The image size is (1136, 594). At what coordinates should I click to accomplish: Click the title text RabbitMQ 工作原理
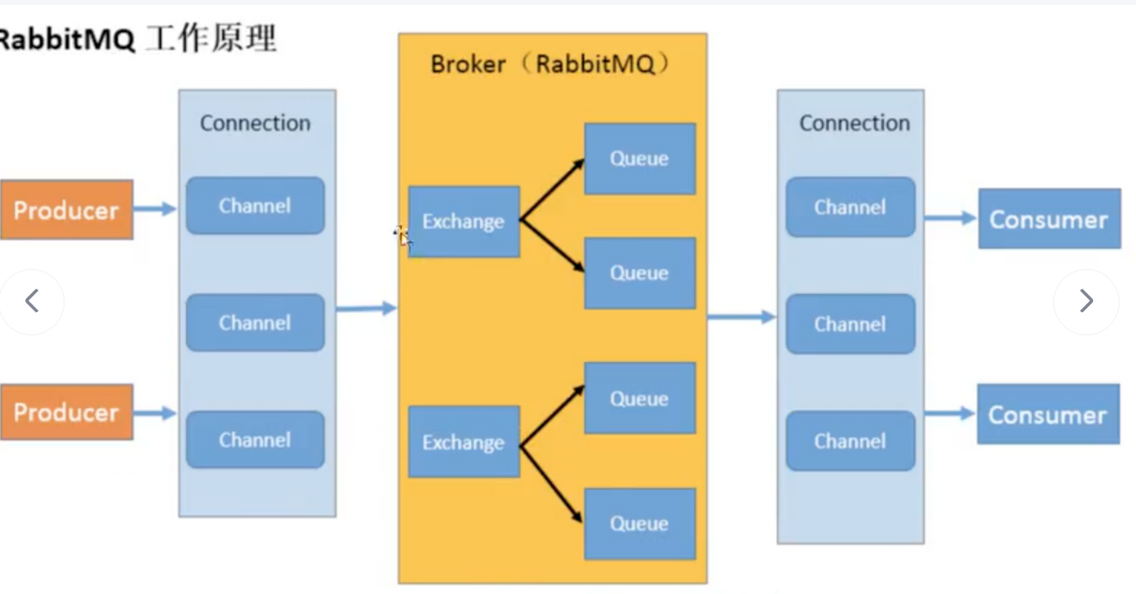[x=138, y=40]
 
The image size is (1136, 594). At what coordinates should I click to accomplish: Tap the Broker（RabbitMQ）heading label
[x=550, y=65]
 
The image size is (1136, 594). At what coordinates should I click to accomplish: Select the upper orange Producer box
[x=66, y=209]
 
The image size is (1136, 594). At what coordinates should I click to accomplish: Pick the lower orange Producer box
[x=66, y=412]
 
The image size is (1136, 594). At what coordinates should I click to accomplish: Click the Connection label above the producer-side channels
[x=255, y=123]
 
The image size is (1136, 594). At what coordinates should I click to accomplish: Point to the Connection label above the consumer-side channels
[x=854, y=123]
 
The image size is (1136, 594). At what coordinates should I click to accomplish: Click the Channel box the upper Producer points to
[x=255, y=206]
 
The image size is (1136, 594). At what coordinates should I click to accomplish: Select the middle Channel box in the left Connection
[x=255, y=322]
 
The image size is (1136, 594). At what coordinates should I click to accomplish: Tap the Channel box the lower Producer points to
[x=255, y=440]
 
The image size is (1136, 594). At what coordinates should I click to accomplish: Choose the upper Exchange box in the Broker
[x=463, y=222]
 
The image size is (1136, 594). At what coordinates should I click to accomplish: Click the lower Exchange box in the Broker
[x=463, y=442]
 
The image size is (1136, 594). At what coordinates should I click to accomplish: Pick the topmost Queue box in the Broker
[x=639, y=159]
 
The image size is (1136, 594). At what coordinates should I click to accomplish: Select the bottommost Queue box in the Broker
[x=639, y=524]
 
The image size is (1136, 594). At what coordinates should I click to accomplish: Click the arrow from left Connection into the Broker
[x=366, y=308]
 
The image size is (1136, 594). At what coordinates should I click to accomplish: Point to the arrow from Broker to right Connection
[x=741, y=317]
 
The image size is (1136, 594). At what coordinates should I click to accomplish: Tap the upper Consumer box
[x=1048, y=219]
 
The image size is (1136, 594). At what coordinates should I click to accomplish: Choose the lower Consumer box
[x=1047, y=415]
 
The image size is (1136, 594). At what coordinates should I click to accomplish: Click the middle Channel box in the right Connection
[x=850, y=324]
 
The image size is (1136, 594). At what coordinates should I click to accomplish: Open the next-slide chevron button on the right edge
[x=1086, y=301]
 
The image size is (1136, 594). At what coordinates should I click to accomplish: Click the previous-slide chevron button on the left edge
[x=32, y=301]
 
